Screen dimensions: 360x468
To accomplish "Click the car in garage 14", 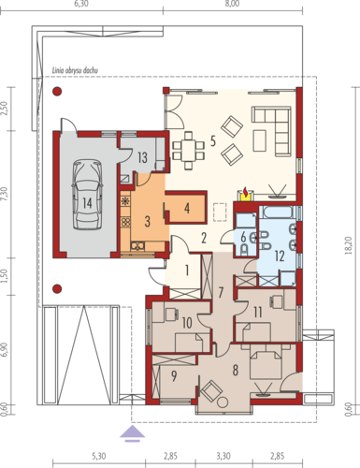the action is click(x=87, y=195).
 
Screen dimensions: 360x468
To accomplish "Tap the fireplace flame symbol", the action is click(x=246, y=193).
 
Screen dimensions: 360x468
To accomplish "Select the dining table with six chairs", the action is click(x=188, y=151).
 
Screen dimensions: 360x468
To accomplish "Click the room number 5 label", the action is click(x=213, y=141).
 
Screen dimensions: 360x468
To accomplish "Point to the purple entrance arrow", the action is click(x=133, y=433).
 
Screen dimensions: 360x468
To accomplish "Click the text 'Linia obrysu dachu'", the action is click(x=75, y=71).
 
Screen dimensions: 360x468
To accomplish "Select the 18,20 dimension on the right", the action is click(x=349, y=246).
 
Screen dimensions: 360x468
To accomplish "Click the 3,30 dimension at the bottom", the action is click(x=223, y=456).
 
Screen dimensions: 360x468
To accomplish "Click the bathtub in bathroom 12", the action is click(x=278, y=212).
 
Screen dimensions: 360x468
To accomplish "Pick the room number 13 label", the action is click(x=142, y=157).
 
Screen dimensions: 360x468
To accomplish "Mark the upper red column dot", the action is click(x=57, y=91).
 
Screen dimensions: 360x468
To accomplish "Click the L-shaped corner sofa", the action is click(x=272, y=130).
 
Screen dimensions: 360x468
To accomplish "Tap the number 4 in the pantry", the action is click(x=187, y=209).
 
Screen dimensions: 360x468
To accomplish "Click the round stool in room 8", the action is click(x=223, y=402).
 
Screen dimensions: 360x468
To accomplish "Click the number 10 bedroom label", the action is click(x=187, y=323).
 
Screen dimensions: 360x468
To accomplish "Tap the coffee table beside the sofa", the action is click(x=259, y=140).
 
